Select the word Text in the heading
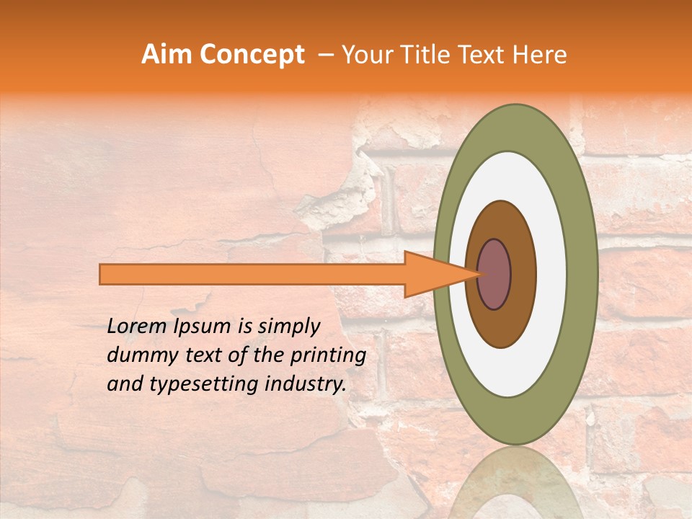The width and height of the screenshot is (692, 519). click(x=484, y=55)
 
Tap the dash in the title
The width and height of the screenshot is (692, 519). click(x=325, y=55)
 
